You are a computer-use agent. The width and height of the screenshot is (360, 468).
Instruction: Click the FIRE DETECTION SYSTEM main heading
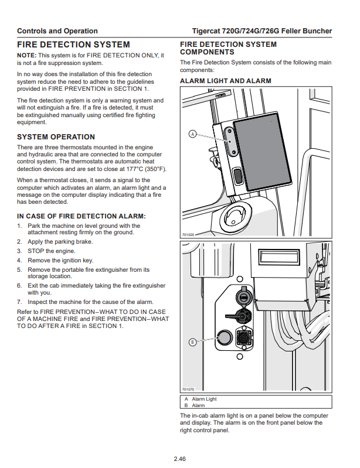tap(73, 45)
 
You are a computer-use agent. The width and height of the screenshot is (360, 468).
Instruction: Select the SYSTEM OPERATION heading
tap(56, 136)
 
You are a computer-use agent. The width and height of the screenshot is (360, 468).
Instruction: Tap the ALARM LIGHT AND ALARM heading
tap(225, 81)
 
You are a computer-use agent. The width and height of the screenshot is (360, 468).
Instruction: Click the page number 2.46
tap(179, 458)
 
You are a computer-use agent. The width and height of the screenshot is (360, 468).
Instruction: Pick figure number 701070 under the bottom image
tap(188, 389)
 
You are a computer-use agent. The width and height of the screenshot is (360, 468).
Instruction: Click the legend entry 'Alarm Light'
tap(204, 399)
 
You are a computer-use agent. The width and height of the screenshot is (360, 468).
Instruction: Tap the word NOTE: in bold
tap(27, 55)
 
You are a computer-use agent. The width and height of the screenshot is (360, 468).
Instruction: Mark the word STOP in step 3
tap(36, 251)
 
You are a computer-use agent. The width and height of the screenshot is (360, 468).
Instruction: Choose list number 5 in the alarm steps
tap(19, 270)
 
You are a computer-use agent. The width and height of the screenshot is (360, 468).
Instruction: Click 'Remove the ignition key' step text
tap(60, 260)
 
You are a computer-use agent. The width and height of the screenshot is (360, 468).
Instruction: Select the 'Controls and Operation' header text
tap(57, 31)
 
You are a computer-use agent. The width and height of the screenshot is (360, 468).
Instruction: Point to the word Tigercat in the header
tap(208, 31)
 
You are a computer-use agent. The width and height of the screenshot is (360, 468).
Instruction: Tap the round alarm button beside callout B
tap(223, 337)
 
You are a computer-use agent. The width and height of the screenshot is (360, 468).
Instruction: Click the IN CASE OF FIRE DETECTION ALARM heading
tap(81, 216)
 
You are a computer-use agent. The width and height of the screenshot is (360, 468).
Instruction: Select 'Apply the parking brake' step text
tap(60, 241)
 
